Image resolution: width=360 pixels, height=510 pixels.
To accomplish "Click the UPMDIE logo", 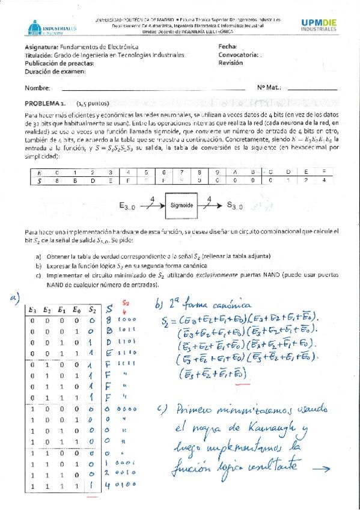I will pos(323,23).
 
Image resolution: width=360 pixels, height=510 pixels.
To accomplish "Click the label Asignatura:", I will pos(43,46).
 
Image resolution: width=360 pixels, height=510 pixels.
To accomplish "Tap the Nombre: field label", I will pos(37,88).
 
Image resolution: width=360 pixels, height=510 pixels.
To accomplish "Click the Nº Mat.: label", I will pos(269,88).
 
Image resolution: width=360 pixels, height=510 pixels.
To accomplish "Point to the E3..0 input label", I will pos(134,207).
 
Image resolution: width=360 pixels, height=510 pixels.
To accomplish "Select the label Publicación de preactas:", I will pos(61,62).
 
